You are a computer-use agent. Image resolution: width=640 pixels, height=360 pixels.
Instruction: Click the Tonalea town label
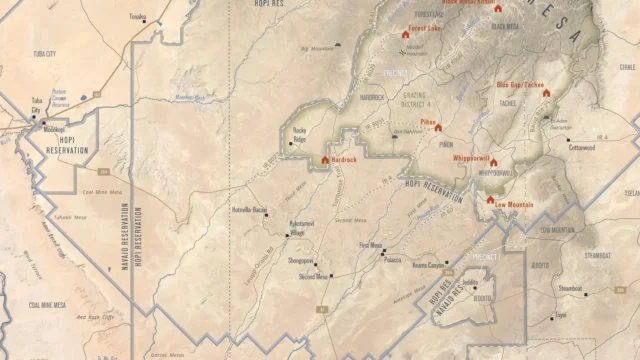click(137, 18)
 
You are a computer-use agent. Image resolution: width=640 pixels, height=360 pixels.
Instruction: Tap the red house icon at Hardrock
click(325, 159)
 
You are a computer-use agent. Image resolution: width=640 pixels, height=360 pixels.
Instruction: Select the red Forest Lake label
click(426, 29)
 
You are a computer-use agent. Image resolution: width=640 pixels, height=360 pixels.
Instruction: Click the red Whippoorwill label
click(472, 158)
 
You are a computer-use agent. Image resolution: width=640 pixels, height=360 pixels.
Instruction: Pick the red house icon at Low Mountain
click(489, 199)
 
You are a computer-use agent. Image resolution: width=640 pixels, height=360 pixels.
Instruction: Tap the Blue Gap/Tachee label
click(520, 85)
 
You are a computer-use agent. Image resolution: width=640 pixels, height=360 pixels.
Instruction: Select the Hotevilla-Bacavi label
click(250, 210)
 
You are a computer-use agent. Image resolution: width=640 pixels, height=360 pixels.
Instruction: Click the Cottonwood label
click(582, 147)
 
